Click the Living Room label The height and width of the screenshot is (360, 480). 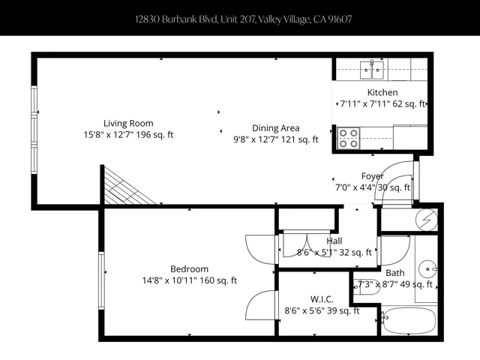(128, 124)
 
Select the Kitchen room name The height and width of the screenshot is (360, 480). (382, 93)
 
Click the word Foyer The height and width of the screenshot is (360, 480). (372, 176)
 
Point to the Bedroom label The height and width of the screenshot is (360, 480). (189, 269)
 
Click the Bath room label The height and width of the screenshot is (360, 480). (394, 273)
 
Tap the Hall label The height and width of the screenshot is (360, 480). (334, 241)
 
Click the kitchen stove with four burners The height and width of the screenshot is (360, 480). (349, 138)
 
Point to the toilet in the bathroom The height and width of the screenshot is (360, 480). (367, 286)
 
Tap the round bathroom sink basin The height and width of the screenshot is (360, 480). (427, 266)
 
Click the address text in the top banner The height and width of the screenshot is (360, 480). (240, 18)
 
